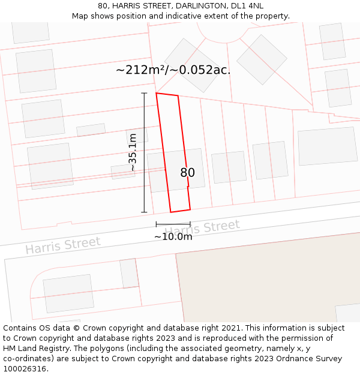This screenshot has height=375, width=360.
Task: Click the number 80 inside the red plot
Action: tap(187, 173)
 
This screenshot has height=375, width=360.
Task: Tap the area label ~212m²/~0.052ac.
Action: tap(173, 70)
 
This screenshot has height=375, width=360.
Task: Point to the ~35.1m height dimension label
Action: tap(133, 152)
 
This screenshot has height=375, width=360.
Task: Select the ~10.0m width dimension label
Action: tap(173, 236)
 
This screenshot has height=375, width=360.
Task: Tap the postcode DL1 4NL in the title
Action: tap(247, 6)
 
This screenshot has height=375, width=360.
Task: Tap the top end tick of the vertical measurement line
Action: tap(144, 94)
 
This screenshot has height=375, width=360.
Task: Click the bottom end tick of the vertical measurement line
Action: tap(144, 212)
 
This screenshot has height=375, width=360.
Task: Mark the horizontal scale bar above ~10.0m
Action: tap(173, 224)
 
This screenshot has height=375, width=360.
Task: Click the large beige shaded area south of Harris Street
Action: tap(270, 282)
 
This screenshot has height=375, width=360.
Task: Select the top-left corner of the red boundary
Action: tap(157, 93)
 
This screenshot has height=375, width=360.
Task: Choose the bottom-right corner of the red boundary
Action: tap(190, 209)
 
